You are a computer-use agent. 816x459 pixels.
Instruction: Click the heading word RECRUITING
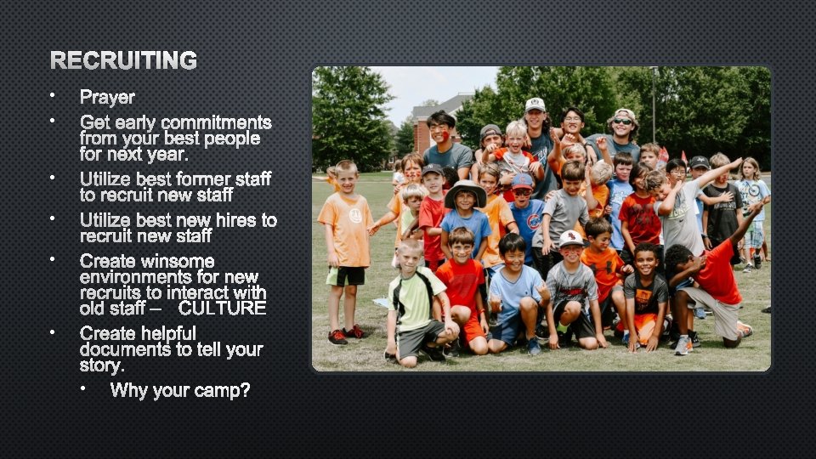[123, 60]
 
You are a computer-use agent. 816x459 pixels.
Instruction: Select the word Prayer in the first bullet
[107, 98]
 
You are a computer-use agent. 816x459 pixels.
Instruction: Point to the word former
[195, 178]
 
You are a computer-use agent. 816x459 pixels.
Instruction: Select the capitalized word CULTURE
[222, 308]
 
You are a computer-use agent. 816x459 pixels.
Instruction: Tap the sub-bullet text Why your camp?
[179, 390]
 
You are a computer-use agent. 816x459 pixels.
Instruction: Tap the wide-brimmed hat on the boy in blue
[466, 191]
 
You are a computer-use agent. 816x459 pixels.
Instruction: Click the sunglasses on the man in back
[623, 122]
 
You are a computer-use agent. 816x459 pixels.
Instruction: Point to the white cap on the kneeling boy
[571, 238]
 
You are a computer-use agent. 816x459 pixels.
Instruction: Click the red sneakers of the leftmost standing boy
[345, 335]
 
